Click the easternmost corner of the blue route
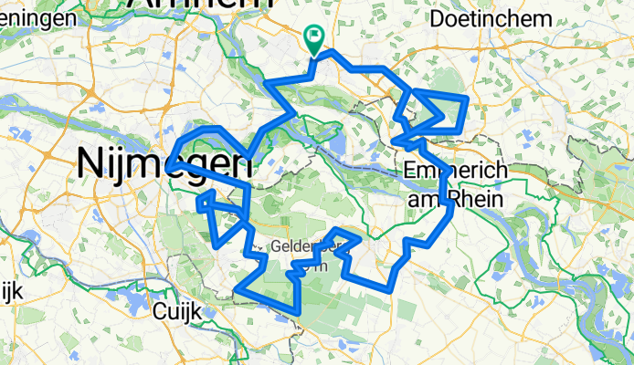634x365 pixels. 467,97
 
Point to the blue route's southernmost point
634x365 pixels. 299,314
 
